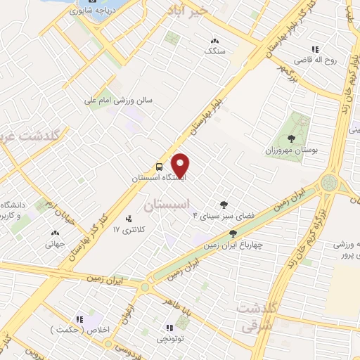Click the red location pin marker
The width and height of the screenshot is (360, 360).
tap(181, 165)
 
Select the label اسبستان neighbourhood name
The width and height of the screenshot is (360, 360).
tap(167, 205)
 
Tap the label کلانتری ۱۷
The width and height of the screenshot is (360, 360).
tap(128, 230)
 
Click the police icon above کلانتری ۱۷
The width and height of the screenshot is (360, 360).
tap(127, 219)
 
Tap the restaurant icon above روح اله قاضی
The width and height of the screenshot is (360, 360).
tap(316, 49)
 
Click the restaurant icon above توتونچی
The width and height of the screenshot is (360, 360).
tap(168, 328)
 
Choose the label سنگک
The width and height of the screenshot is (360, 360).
tap(214, 51)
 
